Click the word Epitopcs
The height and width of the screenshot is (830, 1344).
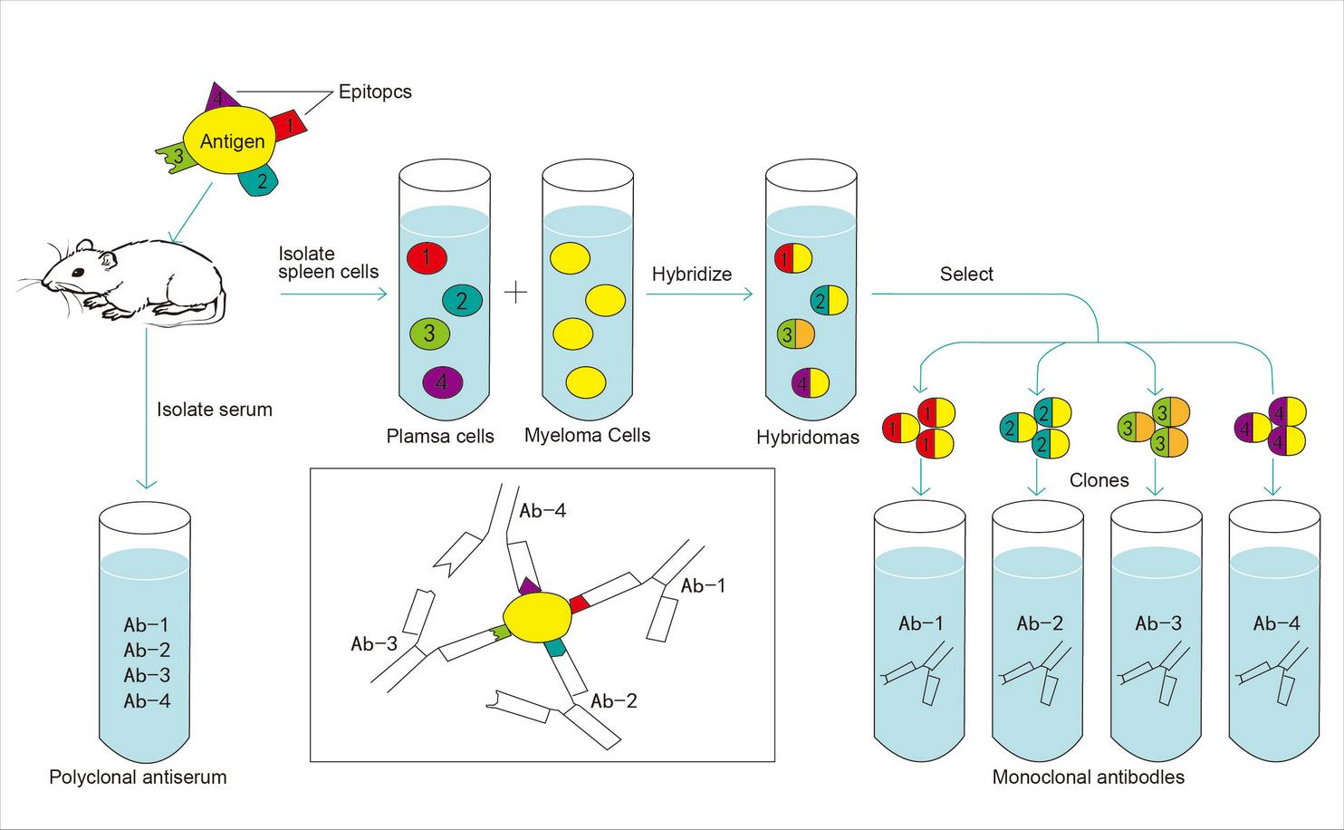point(375,92)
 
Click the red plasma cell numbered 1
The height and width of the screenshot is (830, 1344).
point(426,258)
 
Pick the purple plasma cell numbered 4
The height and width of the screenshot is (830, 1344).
point(442,381)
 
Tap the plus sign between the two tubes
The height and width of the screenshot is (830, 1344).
point(515,293)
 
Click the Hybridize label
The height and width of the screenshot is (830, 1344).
point(691,274)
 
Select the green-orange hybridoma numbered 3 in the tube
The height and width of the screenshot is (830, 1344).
point(795,334)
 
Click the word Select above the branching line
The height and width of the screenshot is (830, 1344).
point(966,274)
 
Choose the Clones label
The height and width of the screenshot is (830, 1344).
point(1099,480)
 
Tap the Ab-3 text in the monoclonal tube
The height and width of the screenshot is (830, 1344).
point(1158,623)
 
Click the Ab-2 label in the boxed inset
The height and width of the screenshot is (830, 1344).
point(613,700)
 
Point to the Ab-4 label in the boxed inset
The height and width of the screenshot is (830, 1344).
point(542,511)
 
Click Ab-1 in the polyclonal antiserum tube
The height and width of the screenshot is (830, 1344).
point(146,625)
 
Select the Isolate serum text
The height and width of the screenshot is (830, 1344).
point(214,410)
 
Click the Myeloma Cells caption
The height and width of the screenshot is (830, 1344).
point(587,436)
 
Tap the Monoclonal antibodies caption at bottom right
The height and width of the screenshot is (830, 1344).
point(1088,777)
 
